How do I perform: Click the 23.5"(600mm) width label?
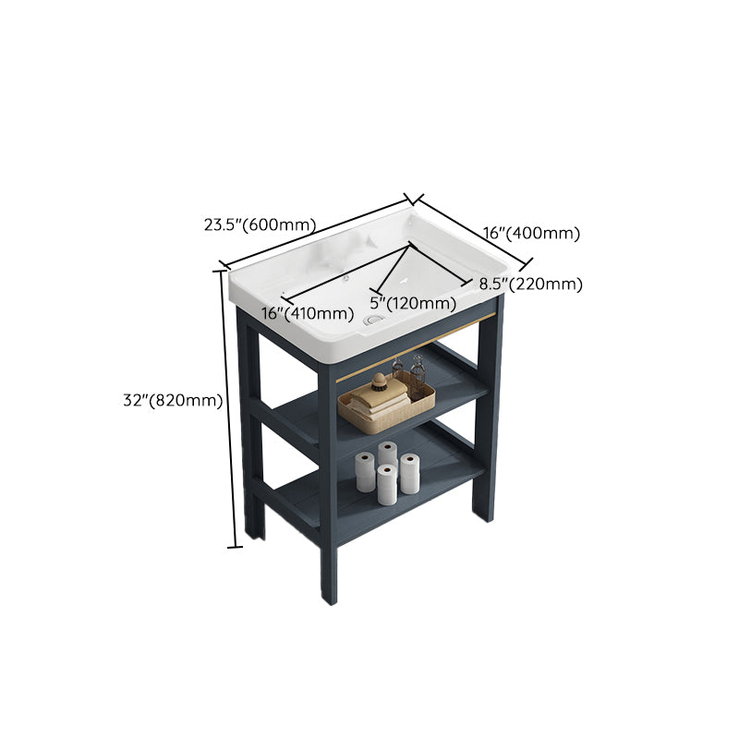pyautogui.click(x=260, y=224)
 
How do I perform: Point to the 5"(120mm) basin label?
pyautogui.click(x=413, y=303)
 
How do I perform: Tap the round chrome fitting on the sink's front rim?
pyautogui.click(x=372, y=319)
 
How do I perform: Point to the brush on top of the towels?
pyautogui.click(x=381, y=380)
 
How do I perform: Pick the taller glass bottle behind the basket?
pyautogui.click(x=418, y=372)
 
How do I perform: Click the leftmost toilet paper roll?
pyautogui.click(x=366, y=473)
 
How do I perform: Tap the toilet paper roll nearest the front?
pyautogui.click(x=387, y=484)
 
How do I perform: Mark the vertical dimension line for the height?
pyautogui.click(x=228, y=406)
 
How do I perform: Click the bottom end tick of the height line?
pyautogui.click(x=235, y=547)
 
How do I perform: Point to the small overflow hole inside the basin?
pyautogui.click(x=344, y=277)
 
